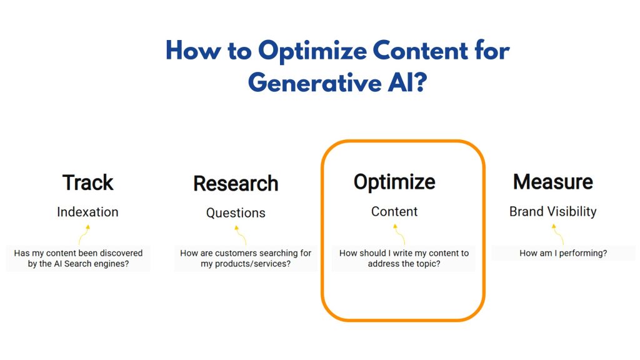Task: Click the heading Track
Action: (87, 182)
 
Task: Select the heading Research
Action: (236, 184)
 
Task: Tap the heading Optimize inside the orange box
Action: (394, 182)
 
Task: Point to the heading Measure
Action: (552, 182)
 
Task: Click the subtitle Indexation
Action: (87, 212)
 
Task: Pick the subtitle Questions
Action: (236, 213)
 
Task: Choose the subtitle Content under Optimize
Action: (394, 212)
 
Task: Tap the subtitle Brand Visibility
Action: (552, 212)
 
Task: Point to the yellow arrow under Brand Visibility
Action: (557, 234)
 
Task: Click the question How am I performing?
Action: (563, 253)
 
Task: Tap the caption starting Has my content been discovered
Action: (78, 258)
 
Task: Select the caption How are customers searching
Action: (245, 258)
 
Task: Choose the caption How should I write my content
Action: (404, 258)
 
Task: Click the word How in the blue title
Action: (191, 51)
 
